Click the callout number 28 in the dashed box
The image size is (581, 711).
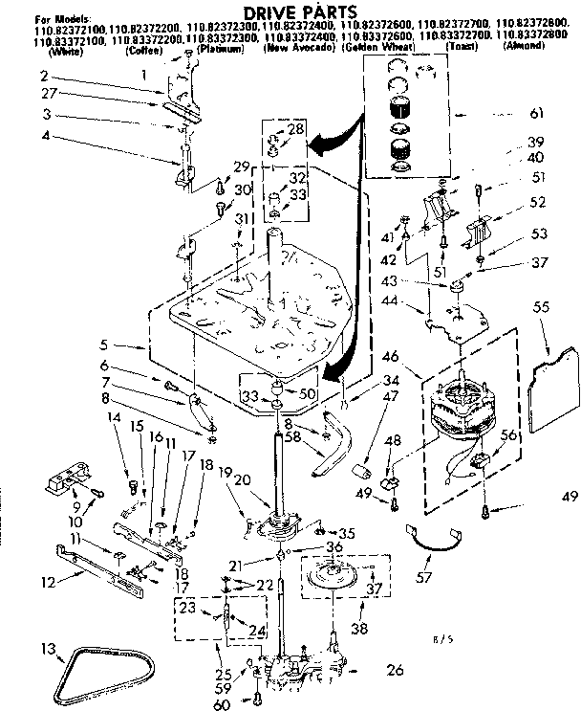point(294,129)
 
